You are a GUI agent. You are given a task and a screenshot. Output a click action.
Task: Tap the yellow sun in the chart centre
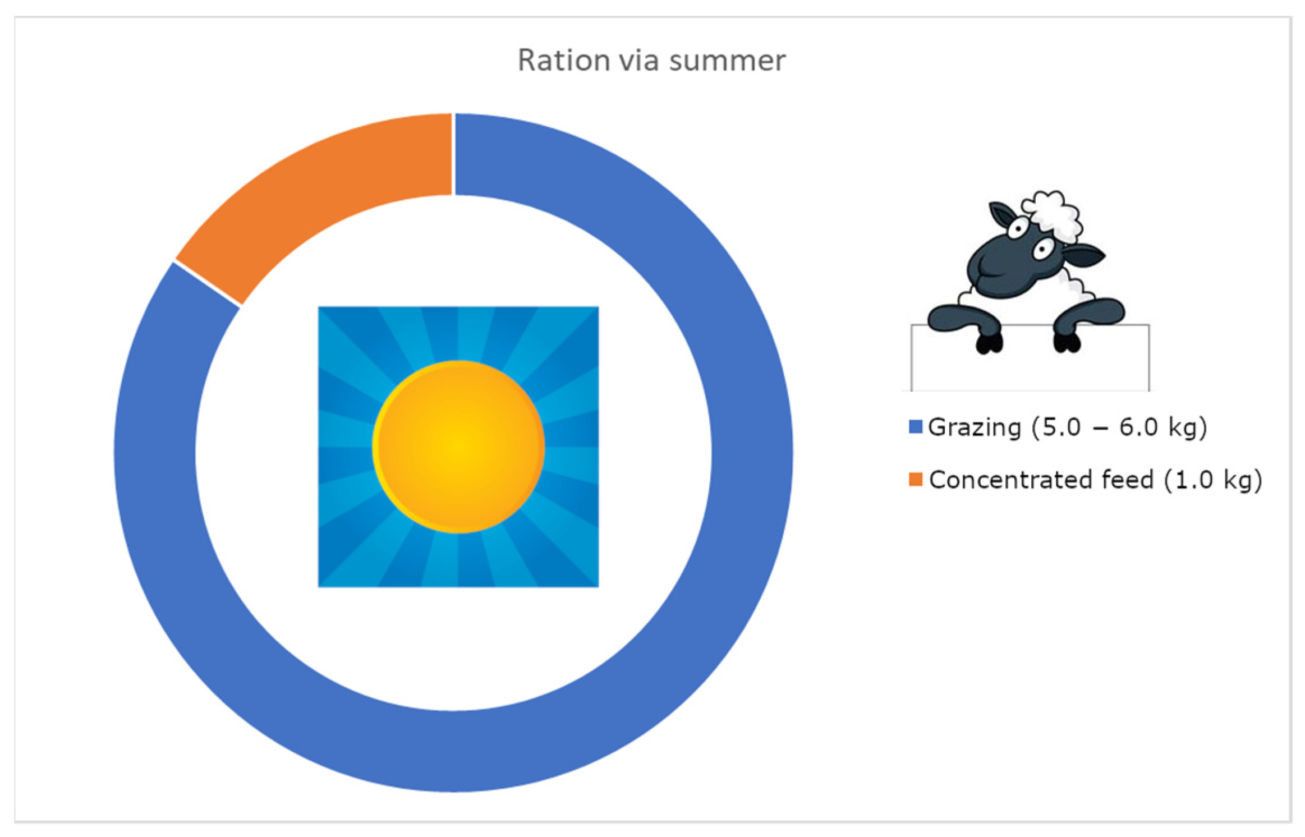(458, 447)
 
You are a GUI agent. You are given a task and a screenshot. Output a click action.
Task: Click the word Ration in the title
(563, 60)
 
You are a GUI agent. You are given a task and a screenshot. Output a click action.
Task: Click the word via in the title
(639, 60)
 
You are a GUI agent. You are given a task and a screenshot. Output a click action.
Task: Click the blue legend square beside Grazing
(916, 427)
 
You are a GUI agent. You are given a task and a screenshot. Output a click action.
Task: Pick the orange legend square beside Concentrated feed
(916, 479)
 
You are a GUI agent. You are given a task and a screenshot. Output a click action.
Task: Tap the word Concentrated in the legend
(1010, 480)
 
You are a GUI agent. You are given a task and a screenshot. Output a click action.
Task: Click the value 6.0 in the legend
(1138, 427)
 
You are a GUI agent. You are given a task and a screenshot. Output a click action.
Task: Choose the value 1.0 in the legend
(1194, 480)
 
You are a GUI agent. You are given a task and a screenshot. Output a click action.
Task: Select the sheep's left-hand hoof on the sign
(989, 343)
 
